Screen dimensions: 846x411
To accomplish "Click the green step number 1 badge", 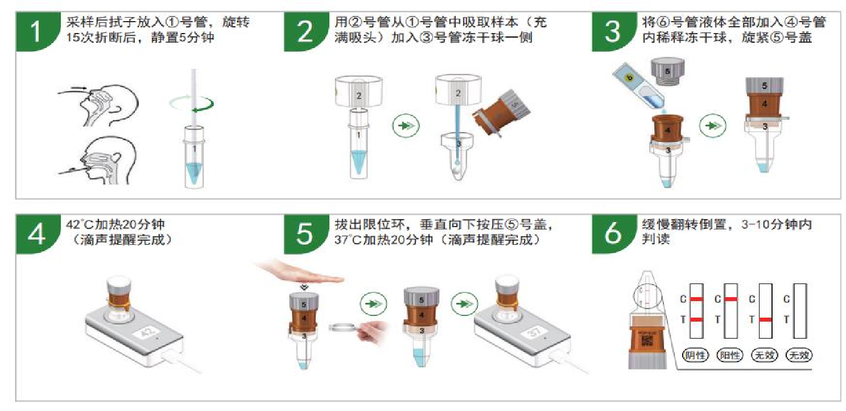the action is pyautogui.click(x=37, y=31).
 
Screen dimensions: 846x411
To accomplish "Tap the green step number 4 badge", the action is pyautogui.click(x=37, y=234).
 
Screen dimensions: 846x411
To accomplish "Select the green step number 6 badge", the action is pyautogui.click(x=613, y=234).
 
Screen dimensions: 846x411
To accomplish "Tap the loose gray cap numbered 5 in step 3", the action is pyautogui.click(x=667, y=72).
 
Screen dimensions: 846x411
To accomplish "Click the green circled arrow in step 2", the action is pyautogui.click(x=406, y=125).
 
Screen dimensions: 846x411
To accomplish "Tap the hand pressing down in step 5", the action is pyautogui.click(x=302, y=274).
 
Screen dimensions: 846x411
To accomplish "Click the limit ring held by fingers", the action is pyautogui.click(x=343, y=327).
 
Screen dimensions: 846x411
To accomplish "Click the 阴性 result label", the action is pyautogui.click(x=695, y=355).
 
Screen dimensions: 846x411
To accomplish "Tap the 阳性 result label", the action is pyautogui.click(x=730, y=355).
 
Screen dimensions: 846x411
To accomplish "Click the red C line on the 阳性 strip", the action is pyautogui.click(x=731, y=299).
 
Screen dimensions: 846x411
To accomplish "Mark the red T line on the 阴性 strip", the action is pyautogui.click(x=697, y=320).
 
